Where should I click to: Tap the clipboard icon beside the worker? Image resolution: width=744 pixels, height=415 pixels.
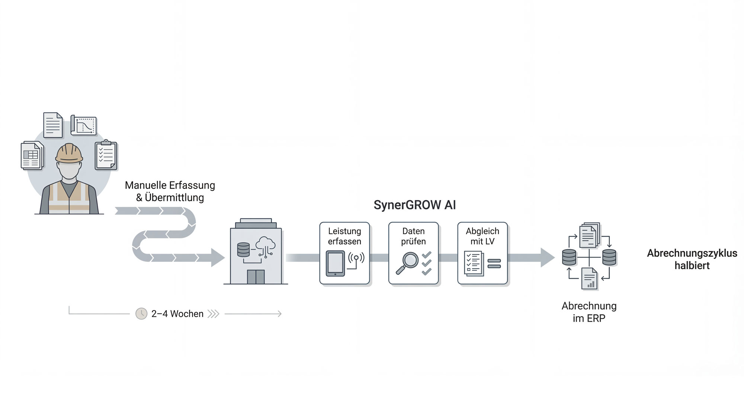106,155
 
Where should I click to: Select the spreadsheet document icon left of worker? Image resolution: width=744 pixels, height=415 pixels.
32,155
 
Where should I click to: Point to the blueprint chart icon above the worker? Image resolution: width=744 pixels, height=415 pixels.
84,125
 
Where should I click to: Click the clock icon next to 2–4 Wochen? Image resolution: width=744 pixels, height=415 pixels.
141,314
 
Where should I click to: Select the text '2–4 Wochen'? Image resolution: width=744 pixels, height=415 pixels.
177,314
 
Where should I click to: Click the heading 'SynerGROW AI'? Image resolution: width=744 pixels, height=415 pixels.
414,205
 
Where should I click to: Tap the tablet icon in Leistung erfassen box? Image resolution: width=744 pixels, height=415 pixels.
335,263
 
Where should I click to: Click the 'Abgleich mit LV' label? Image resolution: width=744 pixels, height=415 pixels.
482,236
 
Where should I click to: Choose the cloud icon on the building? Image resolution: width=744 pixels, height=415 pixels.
266,244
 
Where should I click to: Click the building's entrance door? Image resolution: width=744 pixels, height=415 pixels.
256,277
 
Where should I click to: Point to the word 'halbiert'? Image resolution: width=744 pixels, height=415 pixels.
692,266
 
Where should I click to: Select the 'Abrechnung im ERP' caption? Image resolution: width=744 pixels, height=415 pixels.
589,312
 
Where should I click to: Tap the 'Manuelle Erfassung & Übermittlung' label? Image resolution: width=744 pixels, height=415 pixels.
170,191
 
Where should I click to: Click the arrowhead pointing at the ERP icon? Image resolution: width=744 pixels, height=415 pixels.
547,257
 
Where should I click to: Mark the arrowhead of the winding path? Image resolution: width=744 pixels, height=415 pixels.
218,257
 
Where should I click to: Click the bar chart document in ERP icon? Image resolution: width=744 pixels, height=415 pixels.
589,279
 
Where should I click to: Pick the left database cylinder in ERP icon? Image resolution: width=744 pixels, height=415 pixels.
569,257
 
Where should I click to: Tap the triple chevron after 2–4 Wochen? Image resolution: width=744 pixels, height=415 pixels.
214,314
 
